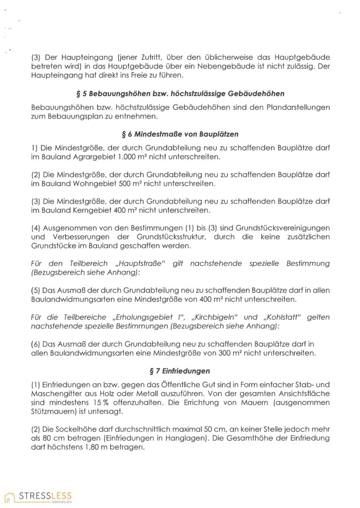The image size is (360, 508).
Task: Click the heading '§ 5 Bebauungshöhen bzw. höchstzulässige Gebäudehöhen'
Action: coord(180,94)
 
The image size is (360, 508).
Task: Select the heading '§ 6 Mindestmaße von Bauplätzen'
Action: coord(180,135)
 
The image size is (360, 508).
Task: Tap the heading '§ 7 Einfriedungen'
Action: coord(180,372)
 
